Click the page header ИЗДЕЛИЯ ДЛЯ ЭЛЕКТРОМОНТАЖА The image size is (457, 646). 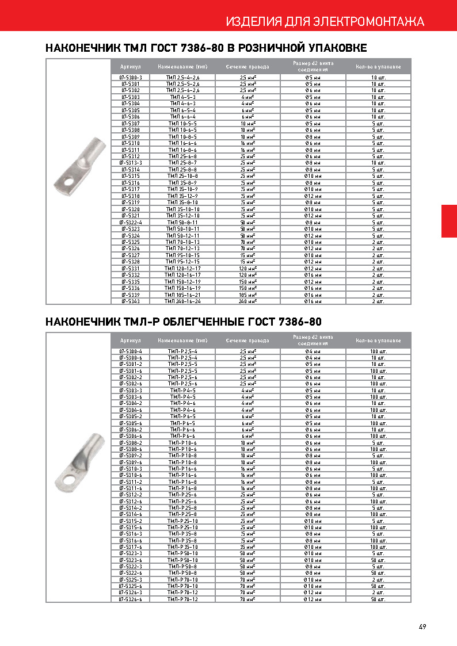pyautogui.click(x=325, y=22)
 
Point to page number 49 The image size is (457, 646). pyautogui.click(x=422, y=626)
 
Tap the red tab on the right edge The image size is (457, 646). pyautogui.click(x=449, y=221)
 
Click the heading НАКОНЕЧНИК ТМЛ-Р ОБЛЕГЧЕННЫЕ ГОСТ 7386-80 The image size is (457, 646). pyautogui.click(x=183, y=321)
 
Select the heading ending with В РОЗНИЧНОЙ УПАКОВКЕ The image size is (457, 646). pyautogui.click(x=206, y=48)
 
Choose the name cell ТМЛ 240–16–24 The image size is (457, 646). pyautogui.click(x=182, y=301)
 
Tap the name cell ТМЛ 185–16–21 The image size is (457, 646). pyautogui.click(x=182, y=295)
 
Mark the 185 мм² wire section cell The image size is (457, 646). pyautogui.click(x=247, y=295)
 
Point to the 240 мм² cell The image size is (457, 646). pyautogui.click(x=247, y=301)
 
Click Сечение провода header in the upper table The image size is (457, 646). pyautogui.click(x=247, y=67)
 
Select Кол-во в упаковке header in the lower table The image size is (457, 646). pyautogui.click(x=378, y=341)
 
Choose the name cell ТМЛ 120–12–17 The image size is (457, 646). pyautogui.click(x=182, y=268)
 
